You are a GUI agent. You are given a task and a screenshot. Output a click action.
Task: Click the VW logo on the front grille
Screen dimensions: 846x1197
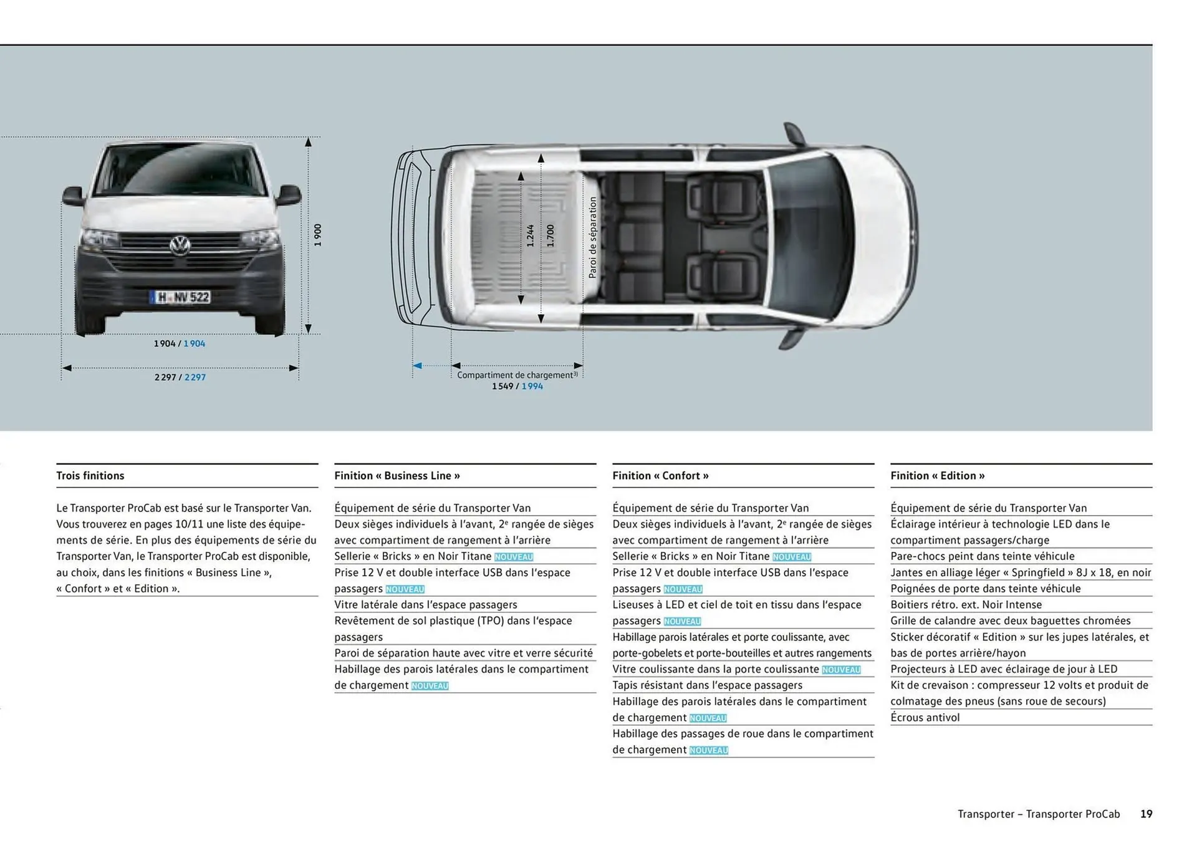[180, 245]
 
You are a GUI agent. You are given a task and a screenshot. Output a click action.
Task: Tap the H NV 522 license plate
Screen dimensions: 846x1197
[181, 298]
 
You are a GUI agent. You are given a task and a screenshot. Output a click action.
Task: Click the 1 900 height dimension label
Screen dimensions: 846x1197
[318, 235]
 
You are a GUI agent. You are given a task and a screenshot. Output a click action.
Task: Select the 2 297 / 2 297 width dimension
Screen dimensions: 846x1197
[180, 378]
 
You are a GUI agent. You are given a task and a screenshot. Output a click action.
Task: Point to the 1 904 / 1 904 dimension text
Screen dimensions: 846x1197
[180, 344]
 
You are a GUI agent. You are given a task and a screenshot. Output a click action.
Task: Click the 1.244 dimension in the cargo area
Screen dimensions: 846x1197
[530, 236]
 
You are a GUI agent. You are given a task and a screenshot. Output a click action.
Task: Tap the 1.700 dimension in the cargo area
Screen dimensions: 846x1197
[550, 236]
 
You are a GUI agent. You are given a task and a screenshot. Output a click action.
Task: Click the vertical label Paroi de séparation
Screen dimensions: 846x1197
[592, 237]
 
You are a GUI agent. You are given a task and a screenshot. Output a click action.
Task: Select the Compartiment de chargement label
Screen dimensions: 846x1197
[517, 375]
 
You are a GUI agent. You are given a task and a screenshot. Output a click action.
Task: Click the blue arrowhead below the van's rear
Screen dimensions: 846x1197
[418, 366]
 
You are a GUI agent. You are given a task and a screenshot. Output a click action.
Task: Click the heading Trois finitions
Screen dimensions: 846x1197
[90, 476]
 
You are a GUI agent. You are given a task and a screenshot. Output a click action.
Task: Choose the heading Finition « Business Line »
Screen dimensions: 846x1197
[397, 476]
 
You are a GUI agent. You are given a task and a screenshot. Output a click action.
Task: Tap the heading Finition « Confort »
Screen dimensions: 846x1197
[660, 476]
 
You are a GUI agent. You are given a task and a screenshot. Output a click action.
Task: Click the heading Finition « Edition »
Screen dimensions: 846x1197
[937, 476]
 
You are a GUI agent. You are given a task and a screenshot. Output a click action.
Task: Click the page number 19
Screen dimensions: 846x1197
[1146, 814]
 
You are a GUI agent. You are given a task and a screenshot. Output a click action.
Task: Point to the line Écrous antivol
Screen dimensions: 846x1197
[925, 718]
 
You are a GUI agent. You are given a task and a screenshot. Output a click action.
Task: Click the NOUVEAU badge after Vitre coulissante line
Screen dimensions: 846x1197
[841, 670]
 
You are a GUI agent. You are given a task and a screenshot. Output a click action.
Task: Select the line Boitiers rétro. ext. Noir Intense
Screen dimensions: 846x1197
[966, 605]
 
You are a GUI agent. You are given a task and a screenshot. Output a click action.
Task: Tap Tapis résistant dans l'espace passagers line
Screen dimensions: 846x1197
[707, 685]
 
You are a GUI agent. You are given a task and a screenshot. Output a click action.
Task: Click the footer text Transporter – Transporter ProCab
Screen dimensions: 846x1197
[1039, 814]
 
